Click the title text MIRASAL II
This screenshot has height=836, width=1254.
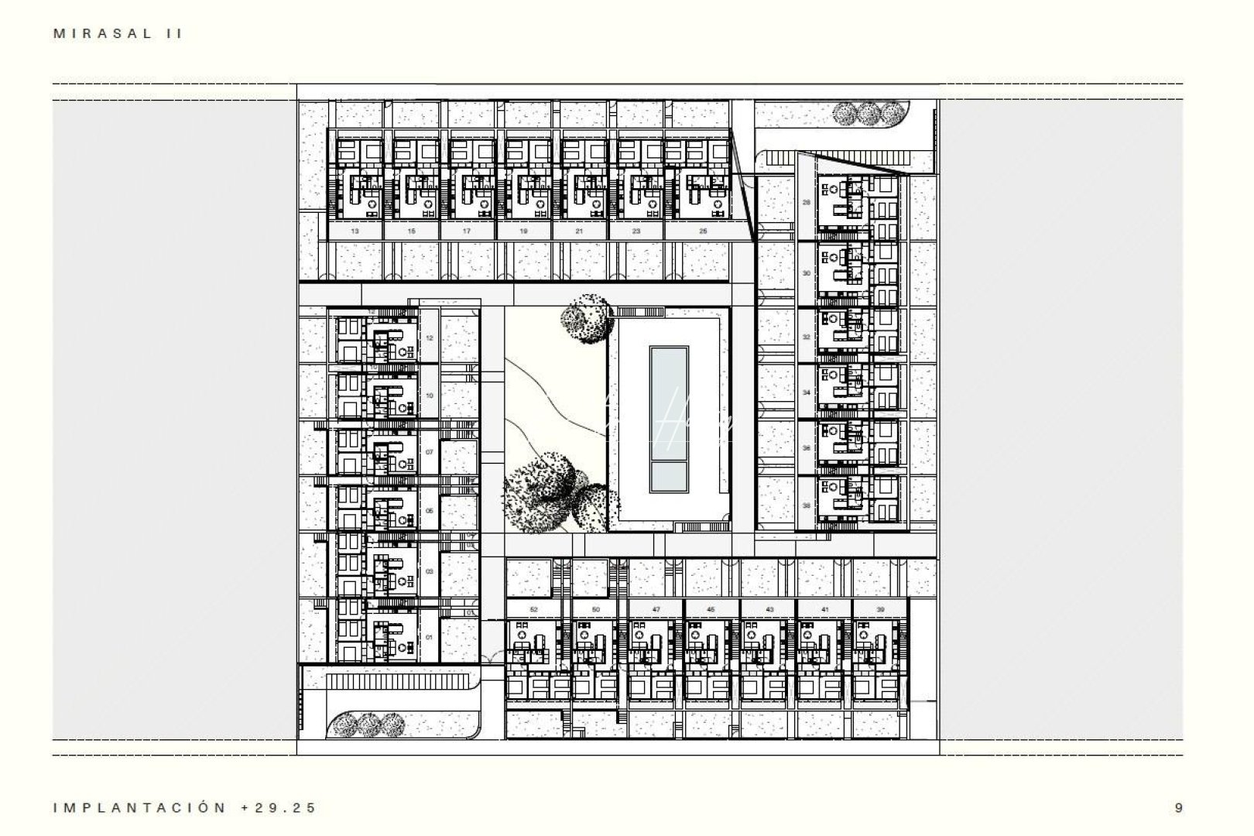tap(118, 33)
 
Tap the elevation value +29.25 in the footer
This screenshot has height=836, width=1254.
tap(279, 808)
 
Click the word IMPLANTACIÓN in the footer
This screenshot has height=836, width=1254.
tap(140, 808)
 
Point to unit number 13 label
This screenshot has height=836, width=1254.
tap(355, 231)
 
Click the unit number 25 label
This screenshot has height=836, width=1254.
tap(702, 231)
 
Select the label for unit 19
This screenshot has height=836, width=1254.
tap(523, 231)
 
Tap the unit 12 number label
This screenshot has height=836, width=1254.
tap(430, 338)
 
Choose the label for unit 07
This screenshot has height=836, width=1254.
tap(430, 452)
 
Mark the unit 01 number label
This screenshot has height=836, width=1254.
tap(430, 637)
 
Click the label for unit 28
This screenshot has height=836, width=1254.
tap(807, 203)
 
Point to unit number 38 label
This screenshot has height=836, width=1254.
tap(807, 505)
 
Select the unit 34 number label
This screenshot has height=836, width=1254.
tap(807, 392)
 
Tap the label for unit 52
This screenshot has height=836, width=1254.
tap(533, 610)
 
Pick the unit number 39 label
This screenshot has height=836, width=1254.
tap(880, 610)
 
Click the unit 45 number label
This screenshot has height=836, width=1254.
tap(711, 610)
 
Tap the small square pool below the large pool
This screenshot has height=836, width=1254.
tap(669, 477)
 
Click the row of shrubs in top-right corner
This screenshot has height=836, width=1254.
tap(867, 113)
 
